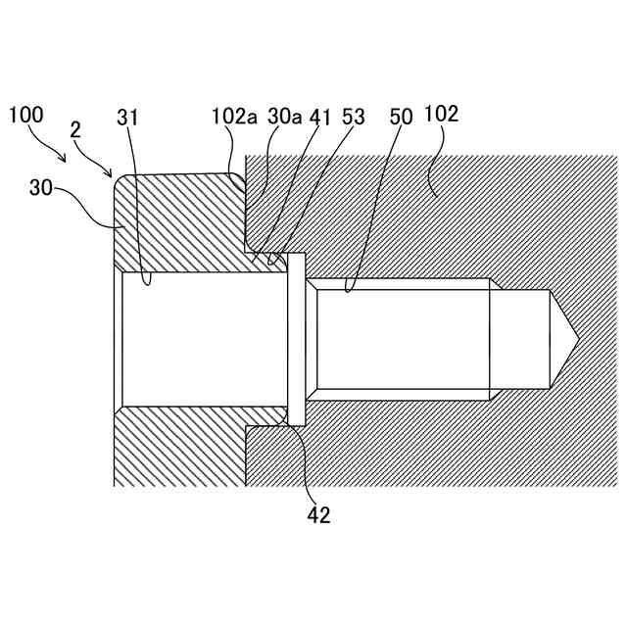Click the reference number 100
click(25, 115)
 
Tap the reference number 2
click(75, 129)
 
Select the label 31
click(127, 118)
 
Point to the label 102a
click(234, 116)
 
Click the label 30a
click(285, 116)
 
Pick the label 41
click(321, 116)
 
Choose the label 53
click(353, 116)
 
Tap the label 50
click(402, 116)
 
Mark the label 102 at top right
click(442, 115)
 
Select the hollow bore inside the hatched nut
click(201, 339)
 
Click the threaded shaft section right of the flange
click(402, 339)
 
